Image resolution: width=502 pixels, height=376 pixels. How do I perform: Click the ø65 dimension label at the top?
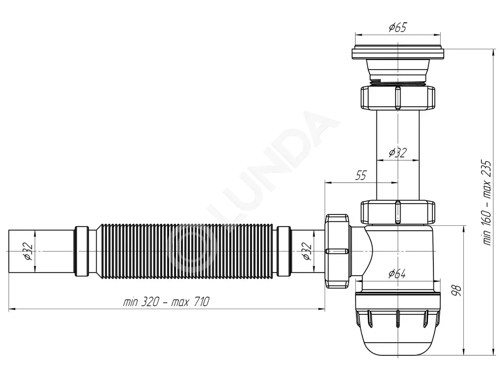coord(397,27)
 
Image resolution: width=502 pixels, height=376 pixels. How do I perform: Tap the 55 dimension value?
coord(361,176)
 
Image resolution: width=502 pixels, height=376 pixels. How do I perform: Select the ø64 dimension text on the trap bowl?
coord(397,274)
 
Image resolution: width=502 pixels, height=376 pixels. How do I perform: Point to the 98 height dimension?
coord(457,290)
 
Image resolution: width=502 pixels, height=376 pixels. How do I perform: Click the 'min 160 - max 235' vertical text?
coord(487,203)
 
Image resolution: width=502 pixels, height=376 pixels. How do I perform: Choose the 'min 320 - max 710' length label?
coord(166,302)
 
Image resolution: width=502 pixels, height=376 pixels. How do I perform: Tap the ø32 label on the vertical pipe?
coord(397,153)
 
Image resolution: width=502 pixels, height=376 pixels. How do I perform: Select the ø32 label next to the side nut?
coord(307,251)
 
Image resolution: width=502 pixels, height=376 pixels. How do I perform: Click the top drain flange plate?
coord(398,53)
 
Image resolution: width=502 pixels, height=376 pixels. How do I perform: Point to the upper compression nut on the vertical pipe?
coord(398,98)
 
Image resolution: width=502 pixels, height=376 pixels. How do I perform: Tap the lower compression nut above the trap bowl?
coord(398,211)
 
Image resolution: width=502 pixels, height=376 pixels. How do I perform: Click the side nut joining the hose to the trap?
coord(337,251)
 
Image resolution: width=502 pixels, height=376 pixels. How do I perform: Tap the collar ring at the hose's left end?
coord(82,251)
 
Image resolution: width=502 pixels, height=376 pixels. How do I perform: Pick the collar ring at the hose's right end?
coord(284,251)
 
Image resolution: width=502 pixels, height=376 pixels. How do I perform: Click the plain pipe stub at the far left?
coord(42,251)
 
